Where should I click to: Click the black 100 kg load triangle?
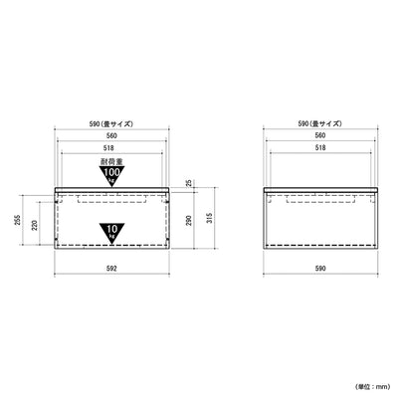coord(111,175)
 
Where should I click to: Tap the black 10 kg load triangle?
coord(111,232)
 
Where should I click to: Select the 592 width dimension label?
coord(111,268)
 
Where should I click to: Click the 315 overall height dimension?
coord(209,218)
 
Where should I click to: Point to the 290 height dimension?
coord(189,221)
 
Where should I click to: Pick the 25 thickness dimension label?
coord(189,182)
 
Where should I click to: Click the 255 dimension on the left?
coord(18,220)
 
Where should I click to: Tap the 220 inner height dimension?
coord(35,226)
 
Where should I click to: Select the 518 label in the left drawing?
coord(111,148)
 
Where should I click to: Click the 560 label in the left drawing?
coord(111,135)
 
